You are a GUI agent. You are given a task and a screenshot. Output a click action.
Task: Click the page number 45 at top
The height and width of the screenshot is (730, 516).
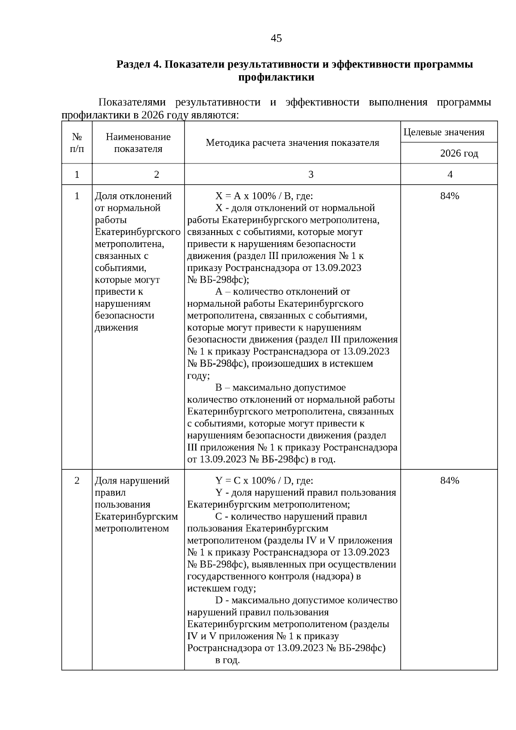(276, 39)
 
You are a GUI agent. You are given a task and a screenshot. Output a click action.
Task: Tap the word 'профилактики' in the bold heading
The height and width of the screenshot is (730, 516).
(276, 77)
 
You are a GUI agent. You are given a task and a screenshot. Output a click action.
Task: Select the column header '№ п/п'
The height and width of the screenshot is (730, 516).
(77, 143)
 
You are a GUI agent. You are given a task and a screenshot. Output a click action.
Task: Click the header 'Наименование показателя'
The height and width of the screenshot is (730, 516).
(138, 143)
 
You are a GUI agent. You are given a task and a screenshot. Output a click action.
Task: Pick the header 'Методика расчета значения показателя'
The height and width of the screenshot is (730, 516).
(292, 143)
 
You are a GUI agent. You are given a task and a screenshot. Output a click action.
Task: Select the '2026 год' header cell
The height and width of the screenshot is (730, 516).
(459, 154)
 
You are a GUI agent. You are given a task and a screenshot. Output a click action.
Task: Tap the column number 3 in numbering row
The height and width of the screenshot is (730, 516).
(311, 174)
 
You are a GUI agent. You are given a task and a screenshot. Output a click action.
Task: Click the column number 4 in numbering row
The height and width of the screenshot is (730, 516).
(450, 174)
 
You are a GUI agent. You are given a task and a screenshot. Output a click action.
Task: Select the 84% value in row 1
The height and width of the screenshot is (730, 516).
(450, 196)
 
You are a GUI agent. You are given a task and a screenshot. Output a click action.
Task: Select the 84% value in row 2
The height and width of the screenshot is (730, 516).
(450, 481)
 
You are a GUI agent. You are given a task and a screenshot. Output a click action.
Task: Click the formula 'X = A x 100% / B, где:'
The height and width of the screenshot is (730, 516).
(264, 196)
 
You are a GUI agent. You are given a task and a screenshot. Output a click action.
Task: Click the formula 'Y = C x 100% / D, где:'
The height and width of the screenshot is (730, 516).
(264, 481)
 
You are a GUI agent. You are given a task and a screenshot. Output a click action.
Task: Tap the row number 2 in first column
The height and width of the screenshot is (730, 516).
(77, 481)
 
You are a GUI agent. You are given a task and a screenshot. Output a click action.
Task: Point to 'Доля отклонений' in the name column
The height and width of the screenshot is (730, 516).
(133, 196)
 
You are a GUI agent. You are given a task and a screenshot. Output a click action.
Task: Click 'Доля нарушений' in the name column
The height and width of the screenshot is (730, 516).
(132, 481)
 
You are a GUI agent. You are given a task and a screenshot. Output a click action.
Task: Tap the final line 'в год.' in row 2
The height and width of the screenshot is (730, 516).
(227, 660)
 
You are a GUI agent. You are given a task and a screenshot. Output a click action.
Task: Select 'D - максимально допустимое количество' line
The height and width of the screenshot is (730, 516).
(306, 600)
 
